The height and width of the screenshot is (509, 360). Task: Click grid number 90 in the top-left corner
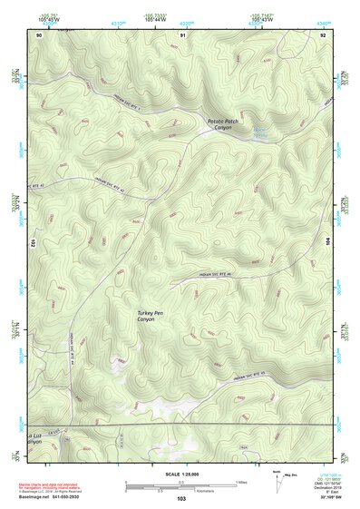point(39,34)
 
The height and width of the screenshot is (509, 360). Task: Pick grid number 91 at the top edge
point(182,34)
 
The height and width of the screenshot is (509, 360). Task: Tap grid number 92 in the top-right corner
point(322,34)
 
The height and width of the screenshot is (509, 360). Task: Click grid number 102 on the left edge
point(33,244)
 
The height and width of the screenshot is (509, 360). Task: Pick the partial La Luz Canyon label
point(34,440)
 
